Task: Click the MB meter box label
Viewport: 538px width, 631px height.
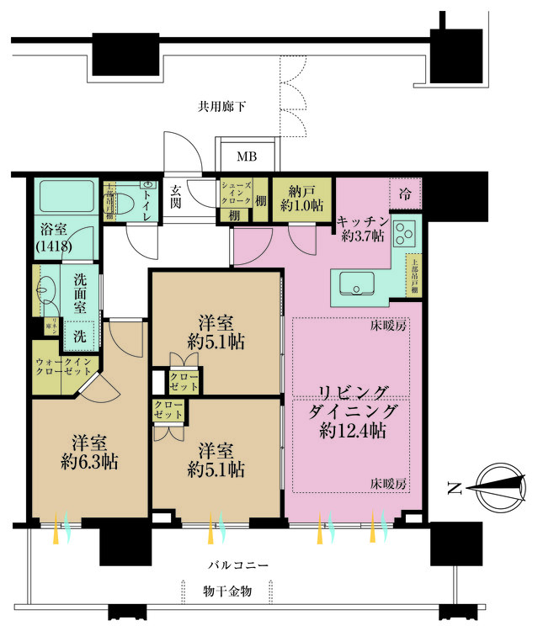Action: (x=246, y=156)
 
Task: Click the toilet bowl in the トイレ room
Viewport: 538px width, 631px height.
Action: (x=124, y=203)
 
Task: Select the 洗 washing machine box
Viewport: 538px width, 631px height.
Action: (x=80, y=334)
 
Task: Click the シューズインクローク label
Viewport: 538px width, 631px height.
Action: (x=235, y=196)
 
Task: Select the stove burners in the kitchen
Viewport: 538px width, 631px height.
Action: (x=404, y=231)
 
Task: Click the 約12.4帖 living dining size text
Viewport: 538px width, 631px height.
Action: (x=353, y=432)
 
